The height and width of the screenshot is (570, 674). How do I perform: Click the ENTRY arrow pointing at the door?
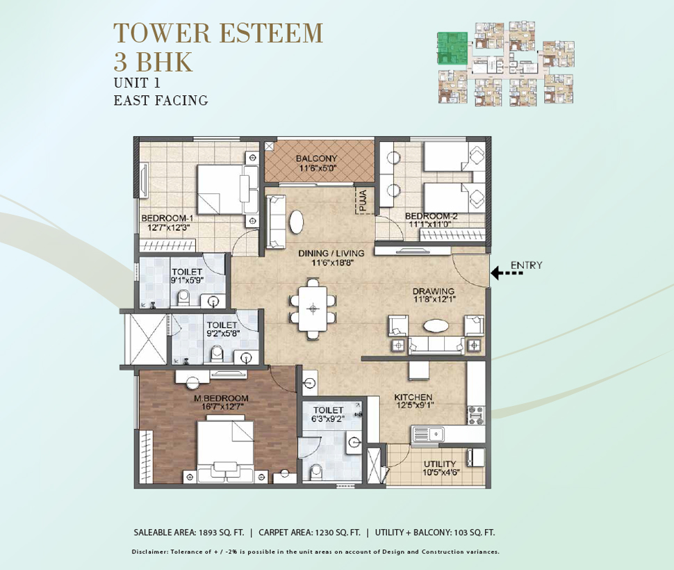click(507, 272)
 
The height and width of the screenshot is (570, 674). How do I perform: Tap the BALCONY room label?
click(316, 158)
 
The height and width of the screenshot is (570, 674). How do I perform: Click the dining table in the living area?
click(313, 309)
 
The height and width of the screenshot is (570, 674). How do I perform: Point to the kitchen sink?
click(427, 434)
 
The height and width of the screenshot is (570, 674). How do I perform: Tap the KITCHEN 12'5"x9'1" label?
click(413, 400)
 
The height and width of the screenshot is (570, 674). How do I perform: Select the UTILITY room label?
click(440, 464)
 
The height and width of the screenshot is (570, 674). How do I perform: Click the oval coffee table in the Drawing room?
click(436, 326)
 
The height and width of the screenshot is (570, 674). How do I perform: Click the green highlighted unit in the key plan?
click(452, 49)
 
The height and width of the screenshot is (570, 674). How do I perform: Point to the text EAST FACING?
click(161, 101)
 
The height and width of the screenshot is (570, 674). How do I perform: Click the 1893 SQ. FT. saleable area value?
click(221, 532)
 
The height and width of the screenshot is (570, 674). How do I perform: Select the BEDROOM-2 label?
click(431, 215)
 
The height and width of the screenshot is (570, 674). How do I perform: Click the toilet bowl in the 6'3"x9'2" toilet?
click(316, 471)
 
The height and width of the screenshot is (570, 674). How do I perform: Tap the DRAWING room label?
click(434, 291)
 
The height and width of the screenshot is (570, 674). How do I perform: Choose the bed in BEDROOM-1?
click(228, 189)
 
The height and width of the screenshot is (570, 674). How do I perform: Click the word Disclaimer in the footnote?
click(150, 552)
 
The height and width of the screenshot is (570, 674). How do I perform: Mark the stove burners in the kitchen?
click(476, 415)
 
